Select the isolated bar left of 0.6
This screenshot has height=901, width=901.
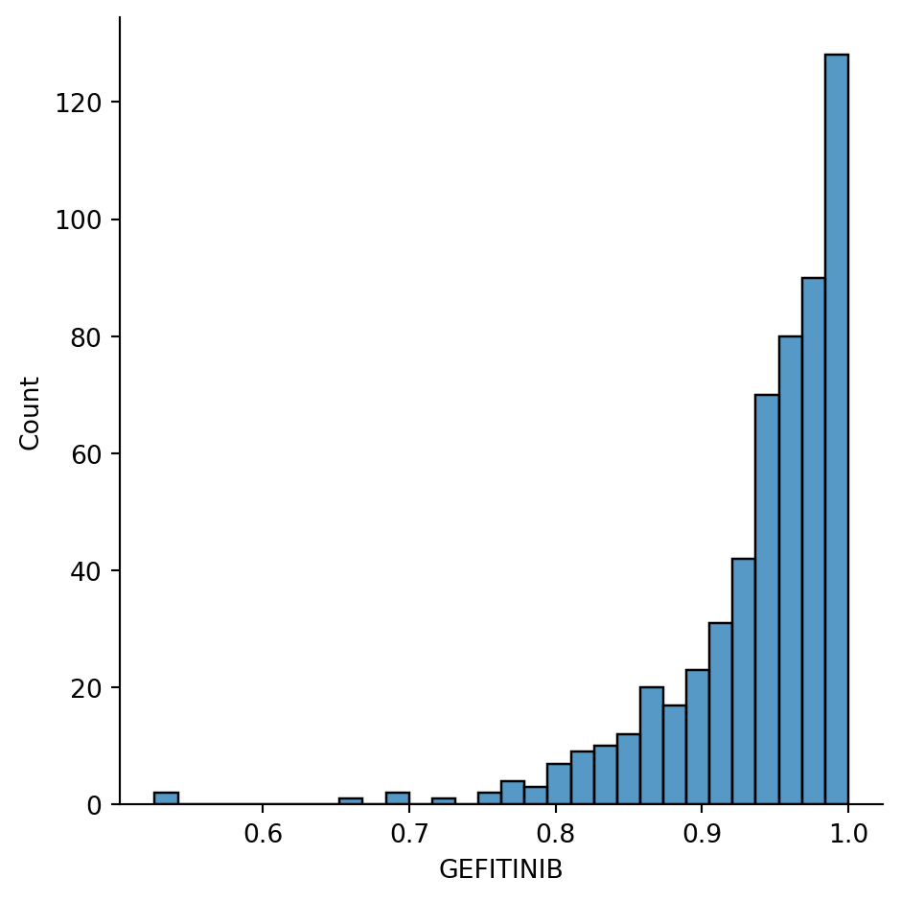166,798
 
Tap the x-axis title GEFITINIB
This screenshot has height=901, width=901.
500,869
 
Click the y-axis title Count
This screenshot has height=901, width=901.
31,413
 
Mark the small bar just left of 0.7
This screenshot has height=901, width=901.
397,798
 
